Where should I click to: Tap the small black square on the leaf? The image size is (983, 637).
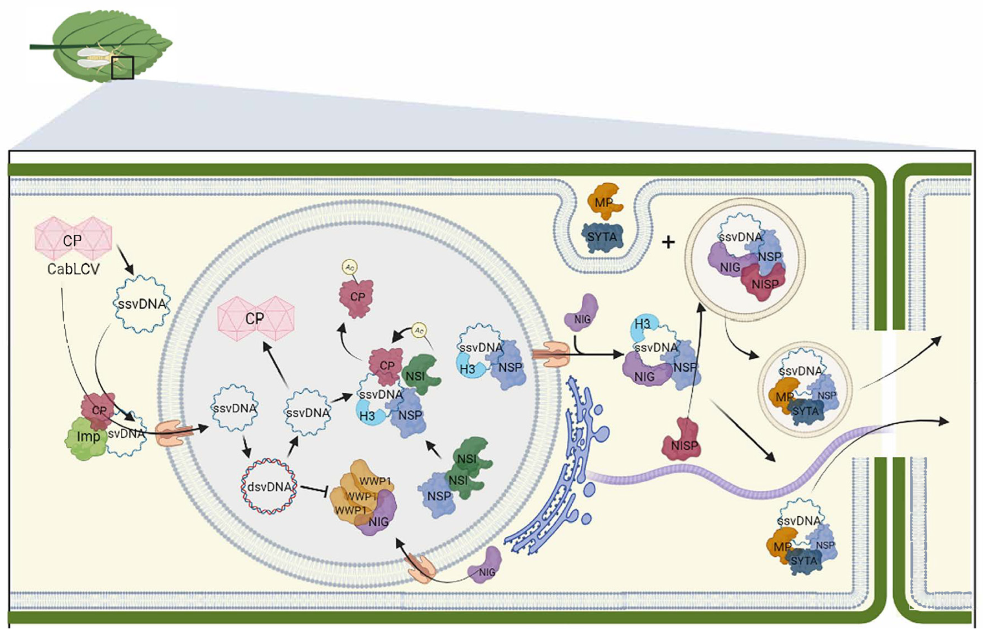(122, 68)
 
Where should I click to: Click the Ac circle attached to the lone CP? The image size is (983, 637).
(349, 268)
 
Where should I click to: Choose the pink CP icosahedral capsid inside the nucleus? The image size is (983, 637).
(256, 318)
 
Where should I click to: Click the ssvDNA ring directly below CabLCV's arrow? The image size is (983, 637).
(142, 304)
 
